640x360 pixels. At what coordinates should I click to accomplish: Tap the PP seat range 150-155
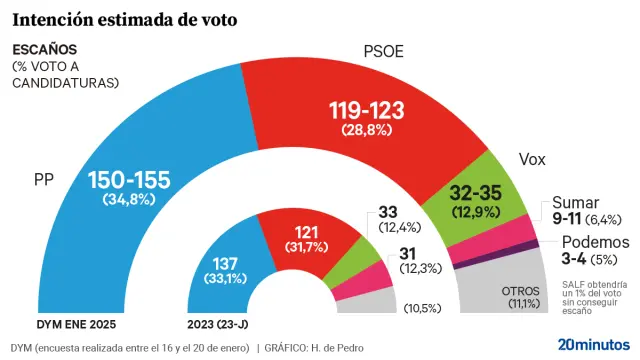pyautogui.click(x=129, y=181)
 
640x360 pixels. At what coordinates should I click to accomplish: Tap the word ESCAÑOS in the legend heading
pyautogui.click(x=44, y=50)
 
